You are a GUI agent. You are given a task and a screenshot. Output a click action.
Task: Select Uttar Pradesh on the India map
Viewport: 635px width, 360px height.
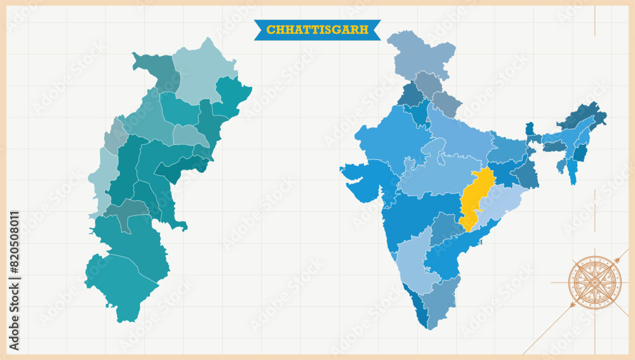pyautogui.click(x=457, y=137)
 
